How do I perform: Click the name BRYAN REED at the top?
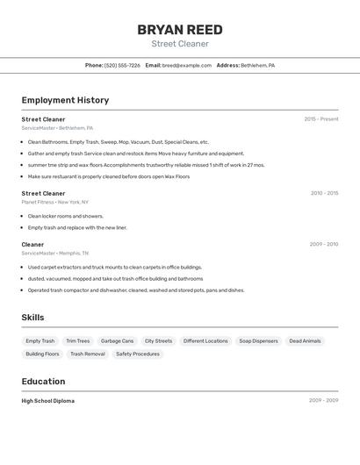(x=180, y=30)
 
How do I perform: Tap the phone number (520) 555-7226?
(x=122, y=65)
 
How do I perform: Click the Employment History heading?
(x=65, y=100)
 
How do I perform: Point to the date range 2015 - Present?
(x=321, y=119)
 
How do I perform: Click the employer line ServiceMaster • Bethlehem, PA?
(x=58, y=128)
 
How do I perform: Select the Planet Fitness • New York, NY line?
(x=55, y=202)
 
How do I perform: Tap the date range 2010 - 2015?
(x=324, y=193)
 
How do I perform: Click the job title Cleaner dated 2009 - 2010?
(x=32, y=245)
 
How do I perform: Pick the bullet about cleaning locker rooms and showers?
(x=66, y=216)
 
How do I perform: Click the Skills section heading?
(x=32, y=318)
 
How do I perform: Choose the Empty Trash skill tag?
(x=40, y=340)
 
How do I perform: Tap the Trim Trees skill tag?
(x=77, y=340)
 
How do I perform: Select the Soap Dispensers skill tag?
(x=258, y=340)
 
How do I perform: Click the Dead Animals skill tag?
(x=305, y=340)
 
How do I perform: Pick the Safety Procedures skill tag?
(x=138, y=354)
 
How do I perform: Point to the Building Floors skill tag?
(x=42, y=354)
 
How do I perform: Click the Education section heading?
(x=43, y=382)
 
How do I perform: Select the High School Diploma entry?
(x=48, y=401)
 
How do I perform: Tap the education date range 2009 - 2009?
(x=323, y=401)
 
